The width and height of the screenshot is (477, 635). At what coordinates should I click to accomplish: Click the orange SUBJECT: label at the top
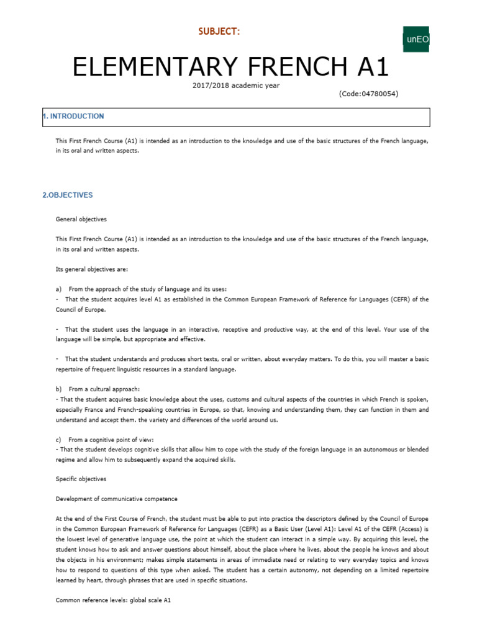tap(218, 32)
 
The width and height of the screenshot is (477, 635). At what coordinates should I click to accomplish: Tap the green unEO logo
tap(417, 40)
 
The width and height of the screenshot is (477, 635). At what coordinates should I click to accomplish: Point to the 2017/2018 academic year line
tap(236, 85)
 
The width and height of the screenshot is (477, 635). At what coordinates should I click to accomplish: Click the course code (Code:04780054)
tap(368, 94)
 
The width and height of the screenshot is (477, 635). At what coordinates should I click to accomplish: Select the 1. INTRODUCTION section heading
tap(73, 117)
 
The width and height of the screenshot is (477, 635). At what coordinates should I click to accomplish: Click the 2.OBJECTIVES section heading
tap(68, 195)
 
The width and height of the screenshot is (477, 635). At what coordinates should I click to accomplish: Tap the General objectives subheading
tap(81, 219)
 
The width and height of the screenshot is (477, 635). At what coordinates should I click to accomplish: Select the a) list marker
tap(59, 289)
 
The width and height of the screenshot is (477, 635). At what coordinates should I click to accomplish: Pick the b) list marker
tap(59, 389)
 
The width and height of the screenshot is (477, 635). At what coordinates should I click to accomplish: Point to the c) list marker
tap(59, 438)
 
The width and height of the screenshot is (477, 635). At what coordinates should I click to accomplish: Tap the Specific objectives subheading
tap(81, 479)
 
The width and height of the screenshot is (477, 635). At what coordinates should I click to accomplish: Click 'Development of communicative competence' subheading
tap(117, 499)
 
